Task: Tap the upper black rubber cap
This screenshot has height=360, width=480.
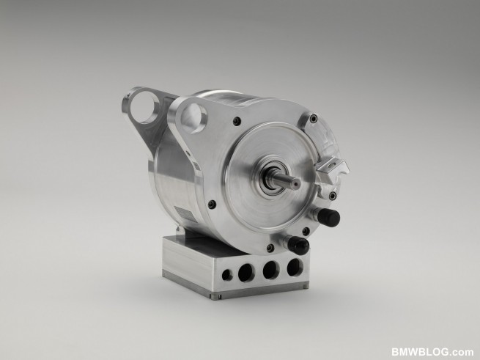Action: pos(328,217)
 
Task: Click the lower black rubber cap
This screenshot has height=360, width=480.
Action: pos(298,246)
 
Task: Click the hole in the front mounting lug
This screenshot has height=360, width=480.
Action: pos(193,118)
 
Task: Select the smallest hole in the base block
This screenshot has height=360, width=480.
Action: pos(227,275)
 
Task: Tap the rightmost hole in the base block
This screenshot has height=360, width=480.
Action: pos(295,267)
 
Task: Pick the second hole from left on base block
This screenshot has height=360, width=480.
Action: pos(245,272)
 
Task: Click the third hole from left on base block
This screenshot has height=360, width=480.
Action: pos(271,270)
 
